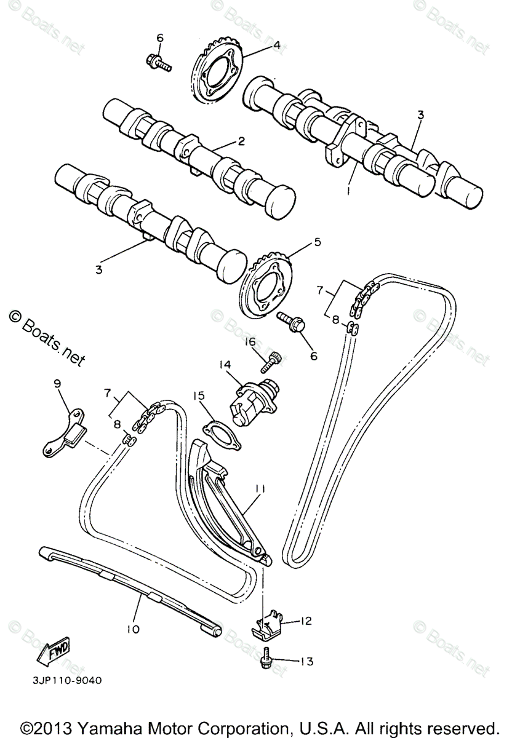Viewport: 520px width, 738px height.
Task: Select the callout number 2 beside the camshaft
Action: click(241, 141)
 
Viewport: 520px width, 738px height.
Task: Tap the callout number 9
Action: click(57, 383)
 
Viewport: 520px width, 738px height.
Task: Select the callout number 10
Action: click(134, 629)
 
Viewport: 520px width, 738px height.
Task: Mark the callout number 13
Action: click(306, 662)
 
